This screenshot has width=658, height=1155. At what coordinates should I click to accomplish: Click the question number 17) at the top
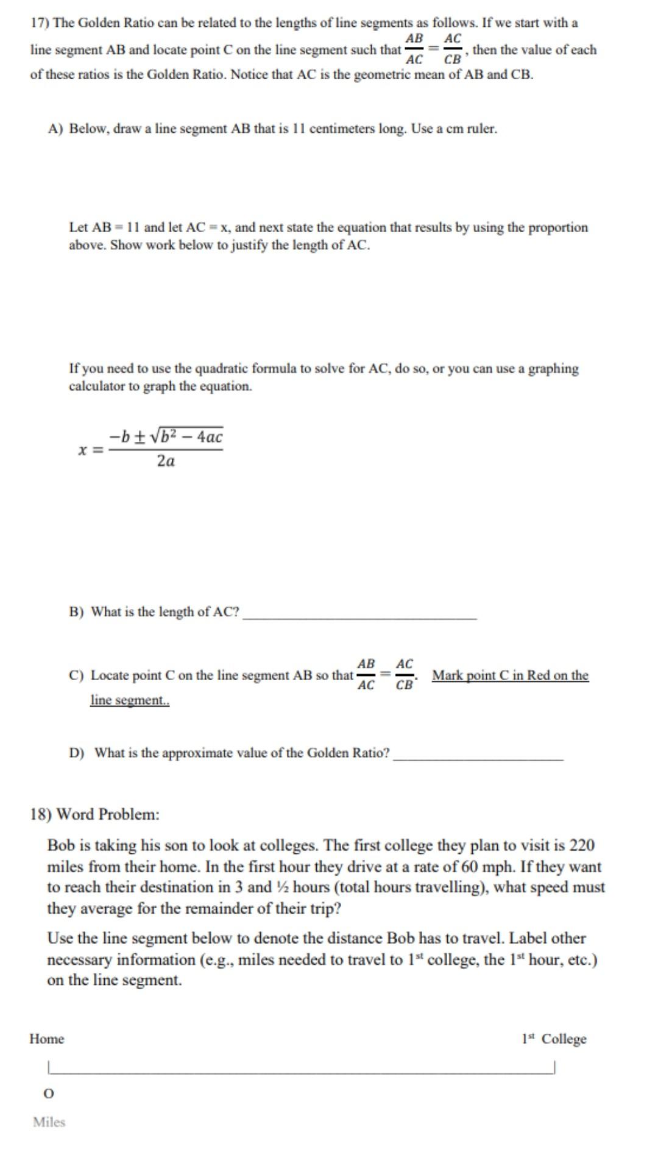[40, 23]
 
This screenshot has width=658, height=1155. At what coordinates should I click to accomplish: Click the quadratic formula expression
[151, 448]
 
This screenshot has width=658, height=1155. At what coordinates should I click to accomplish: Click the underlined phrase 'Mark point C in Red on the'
[510, 675]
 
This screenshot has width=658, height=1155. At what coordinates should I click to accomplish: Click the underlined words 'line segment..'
[130, 700]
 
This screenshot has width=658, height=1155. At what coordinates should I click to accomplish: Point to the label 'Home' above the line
[46, 1039]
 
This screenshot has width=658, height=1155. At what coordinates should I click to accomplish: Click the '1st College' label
[554, 1039]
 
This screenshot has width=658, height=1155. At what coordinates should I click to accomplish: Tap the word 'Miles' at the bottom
[49, 1122]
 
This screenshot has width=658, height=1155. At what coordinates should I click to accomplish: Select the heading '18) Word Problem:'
[94, 814]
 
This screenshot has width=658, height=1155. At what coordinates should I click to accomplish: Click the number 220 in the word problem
[582, 845]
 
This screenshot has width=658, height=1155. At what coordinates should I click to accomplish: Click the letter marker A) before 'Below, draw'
[55, 129]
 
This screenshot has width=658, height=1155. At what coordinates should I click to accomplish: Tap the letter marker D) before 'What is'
[76, 753]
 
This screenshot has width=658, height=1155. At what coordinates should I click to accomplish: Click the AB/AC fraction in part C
[366, 674]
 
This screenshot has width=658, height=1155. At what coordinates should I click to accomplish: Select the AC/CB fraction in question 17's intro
[453, 49]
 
